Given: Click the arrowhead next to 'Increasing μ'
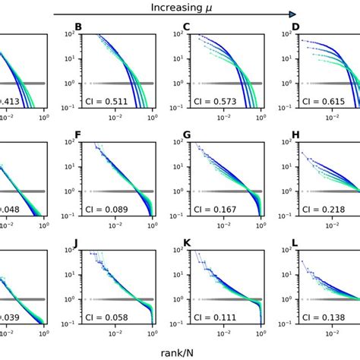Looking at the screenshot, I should coord(291,14).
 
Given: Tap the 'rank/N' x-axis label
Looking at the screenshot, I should coord(179,352).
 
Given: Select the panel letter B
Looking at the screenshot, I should coord(79,35).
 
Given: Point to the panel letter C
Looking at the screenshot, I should coord(186,35).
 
